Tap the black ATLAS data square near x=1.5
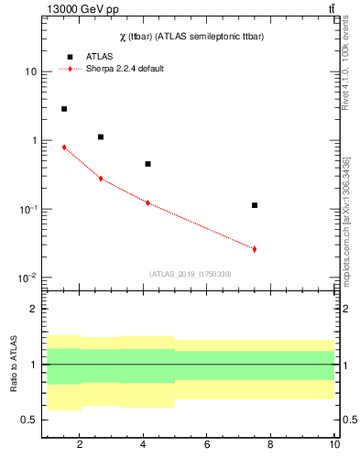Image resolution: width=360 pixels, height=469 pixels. point(64,109)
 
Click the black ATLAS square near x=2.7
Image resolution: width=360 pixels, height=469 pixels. point(101,136)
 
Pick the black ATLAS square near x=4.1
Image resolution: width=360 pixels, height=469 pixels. point(147,164)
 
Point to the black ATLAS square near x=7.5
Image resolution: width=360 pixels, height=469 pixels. point(255,205)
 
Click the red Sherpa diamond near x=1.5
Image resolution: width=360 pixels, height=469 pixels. point(64,147)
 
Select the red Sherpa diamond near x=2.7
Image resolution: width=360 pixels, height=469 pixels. point(101,179)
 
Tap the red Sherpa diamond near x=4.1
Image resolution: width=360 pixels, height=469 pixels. point(147,202)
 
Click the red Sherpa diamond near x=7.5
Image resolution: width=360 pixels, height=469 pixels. point(255,249)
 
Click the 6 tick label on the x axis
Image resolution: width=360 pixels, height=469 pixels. point(207,445)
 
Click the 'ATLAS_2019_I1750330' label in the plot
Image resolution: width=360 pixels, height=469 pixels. point(191,274)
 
